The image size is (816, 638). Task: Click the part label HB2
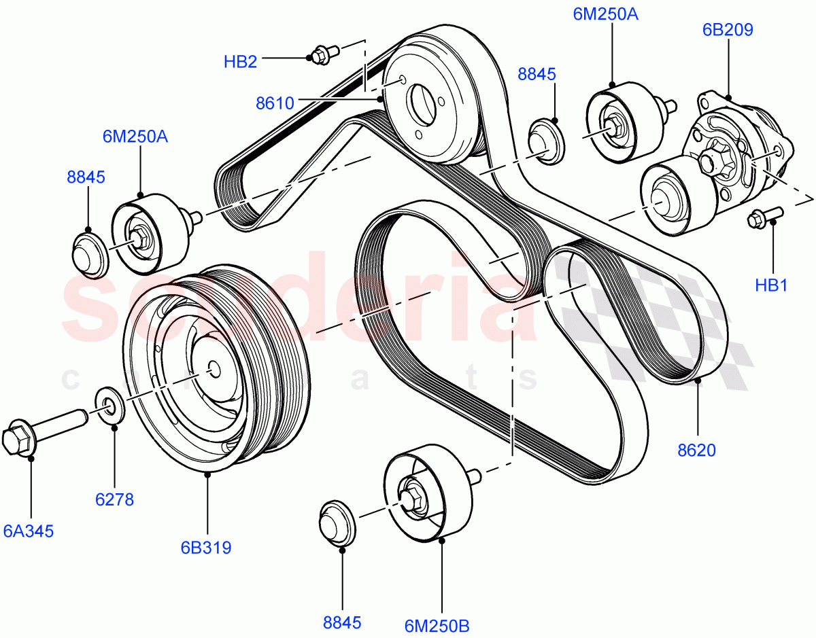(240, 62)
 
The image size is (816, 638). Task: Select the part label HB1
(771, 285)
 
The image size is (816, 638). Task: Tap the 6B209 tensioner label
(728, 29)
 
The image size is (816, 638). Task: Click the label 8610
(275, 103)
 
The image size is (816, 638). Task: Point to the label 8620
(696, 449)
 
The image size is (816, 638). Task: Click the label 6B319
(206, 547)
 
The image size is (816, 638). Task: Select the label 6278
(114, 499)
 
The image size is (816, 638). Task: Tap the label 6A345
(29, 531)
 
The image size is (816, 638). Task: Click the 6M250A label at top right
(605, 13)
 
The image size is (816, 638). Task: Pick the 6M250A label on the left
(135, 137)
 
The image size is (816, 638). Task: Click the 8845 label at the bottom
(342, 622)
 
